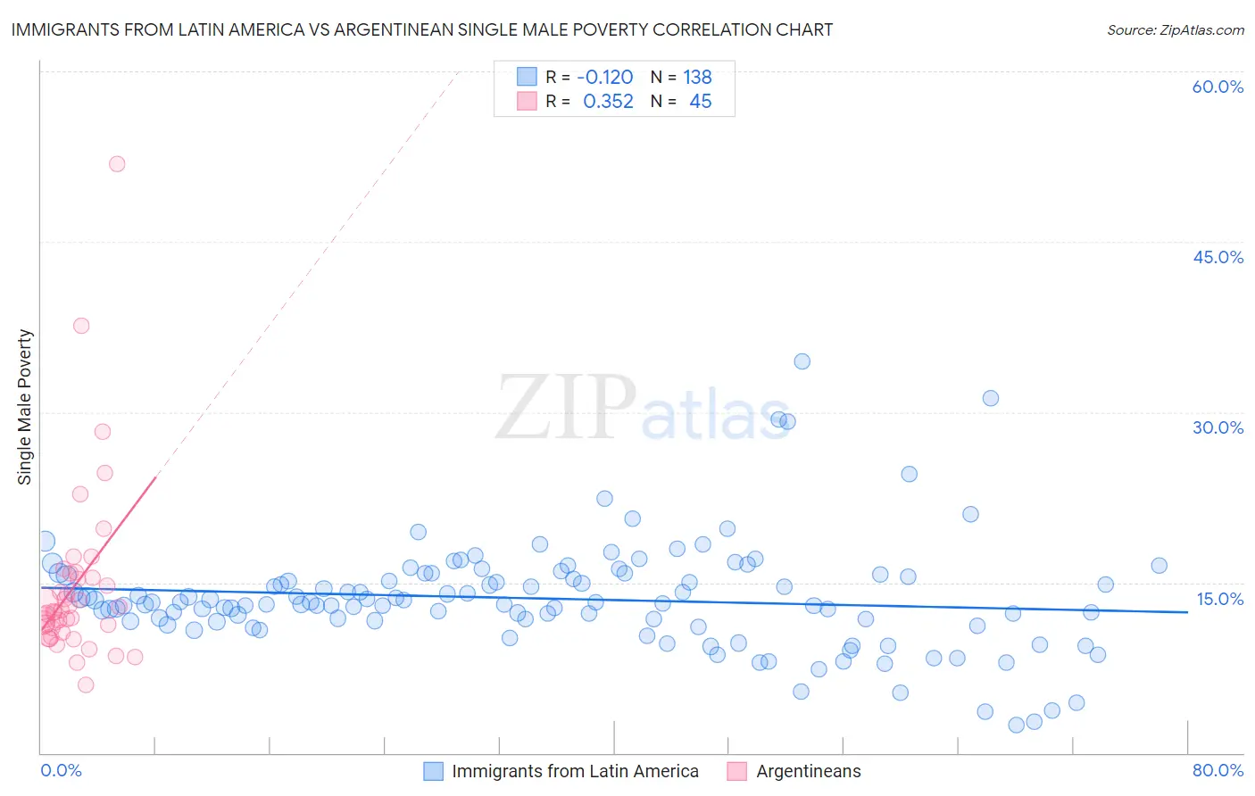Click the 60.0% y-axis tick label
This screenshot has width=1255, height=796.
(1218, 87)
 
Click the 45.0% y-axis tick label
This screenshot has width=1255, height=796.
(1218, 257)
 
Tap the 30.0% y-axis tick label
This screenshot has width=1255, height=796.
(1218, 427)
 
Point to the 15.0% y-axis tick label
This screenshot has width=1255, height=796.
(1219, 599)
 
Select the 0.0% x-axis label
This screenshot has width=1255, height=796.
(61, 770)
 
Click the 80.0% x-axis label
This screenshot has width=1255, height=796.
(1218, 770)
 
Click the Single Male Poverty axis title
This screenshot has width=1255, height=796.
(25, 407)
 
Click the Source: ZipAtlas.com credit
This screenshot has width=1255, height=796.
(1175, 30)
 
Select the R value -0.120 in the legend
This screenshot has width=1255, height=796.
(604, 78)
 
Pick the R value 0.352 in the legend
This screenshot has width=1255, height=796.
(608, 102)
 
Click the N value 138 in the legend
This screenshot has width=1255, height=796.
(697, 78)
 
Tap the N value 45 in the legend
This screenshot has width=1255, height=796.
(701, 102)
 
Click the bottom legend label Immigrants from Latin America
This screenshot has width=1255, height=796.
(575, 771)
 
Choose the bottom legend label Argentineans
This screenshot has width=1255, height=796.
(809, 771)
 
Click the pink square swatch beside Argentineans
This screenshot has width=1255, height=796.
(736, 771)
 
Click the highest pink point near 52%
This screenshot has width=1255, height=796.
(117, 164)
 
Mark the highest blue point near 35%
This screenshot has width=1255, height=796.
(802, 361)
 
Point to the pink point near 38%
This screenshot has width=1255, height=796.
(81, 326)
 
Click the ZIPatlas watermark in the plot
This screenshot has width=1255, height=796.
(643, 408)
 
